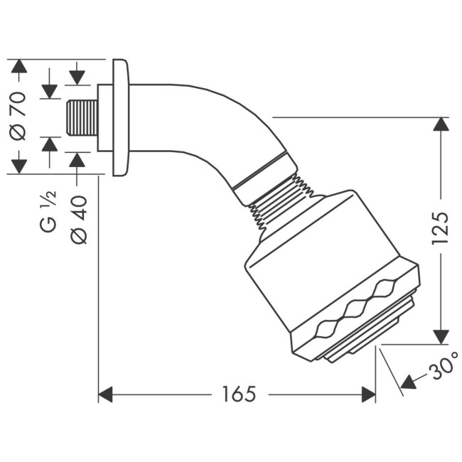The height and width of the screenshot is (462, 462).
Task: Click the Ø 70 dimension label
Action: click(x=18, y=116)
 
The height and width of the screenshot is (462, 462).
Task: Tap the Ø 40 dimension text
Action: click(x=79, y=220)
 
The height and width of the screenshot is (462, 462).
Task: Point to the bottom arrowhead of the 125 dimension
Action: click(x=441, y=336)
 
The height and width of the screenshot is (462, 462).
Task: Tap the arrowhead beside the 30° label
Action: click(x=409, y=383)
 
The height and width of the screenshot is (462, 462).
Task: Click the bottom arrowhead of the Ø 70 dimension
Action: click(x=18, y=166)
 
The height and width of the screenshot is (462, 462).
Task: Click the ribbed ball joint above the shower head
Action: click(x=281, y=203)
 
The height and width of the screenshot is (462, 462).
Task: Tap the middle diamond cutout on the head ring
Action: click(x=353, y=308)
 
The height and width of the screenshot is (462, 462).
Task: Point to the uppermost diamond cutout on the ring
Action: click(x=385, y=288)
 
